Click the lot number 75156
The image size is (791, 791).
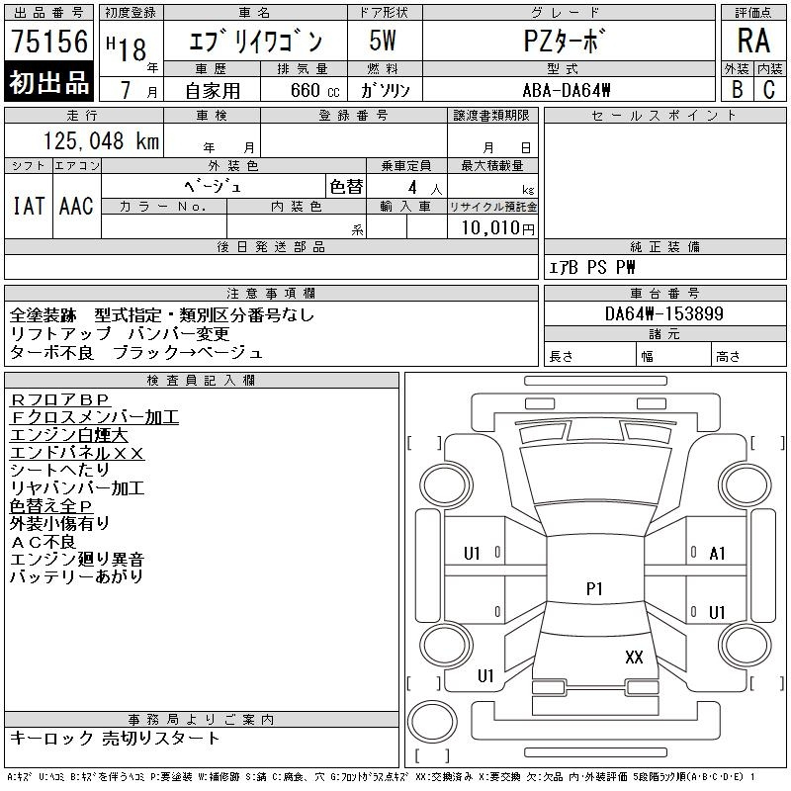pyautogui.click(x=49, y=41)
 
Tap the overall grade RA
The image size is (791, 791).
pyautogui.click(x=753, y=41)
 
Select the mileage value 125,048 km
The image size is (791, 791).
pyautogui.click(x=101, y=140)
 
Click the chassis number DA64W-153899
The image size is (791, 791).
pyautogui.click(x=664, y=313)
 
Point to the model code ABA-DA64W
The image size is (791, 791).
pyautogui.click(x=567, y=90)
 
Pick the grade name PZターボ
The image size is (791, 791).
pyautogui.click(x=565, y=41)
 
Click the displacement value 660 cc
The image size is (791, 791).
pyautogui.click(x=314, y=90)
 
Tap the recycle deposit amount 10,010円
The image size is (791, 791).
pyautogui.click(x=497, y=227)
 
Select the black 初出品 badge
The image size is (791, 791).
pyautogui.click(x=48, y=82)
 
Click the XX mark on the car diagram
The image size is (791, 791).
pyautogui.click(x=634, y=657)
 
